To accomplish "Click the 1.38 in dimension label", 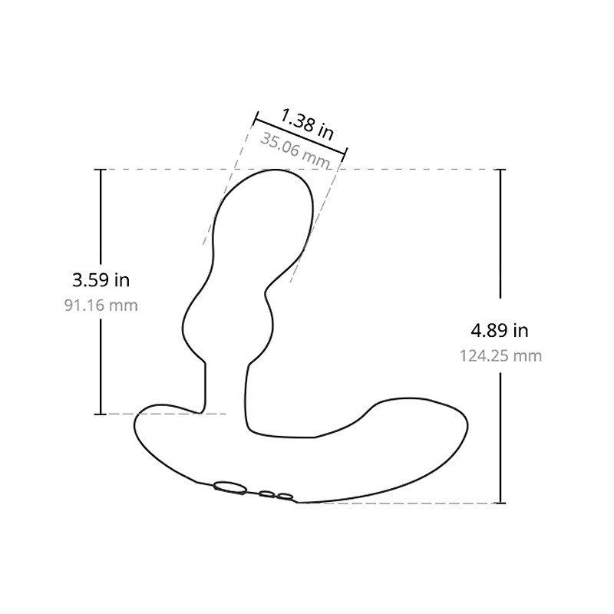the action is click(x=308, y=124).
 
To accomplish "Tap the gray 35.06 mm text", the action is click(x=295, y=150).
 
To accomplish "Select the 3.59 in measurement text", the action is click(x=101, y=280).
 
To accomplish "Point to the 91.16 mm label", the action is click(x=101, y=305).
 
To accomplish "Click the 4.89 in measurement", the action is click(x=500, y=331).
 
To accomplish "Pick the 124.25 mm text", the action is click(x=500, y=356).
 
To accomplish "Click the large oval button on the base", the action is click(x=229, y=487).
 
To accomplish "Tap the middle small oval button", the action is click(x=266, y=494).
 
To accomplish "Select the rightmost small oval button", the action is click(x=285, y=497).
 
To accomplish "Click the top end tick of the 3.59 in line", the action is click(x=101, y=170).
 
